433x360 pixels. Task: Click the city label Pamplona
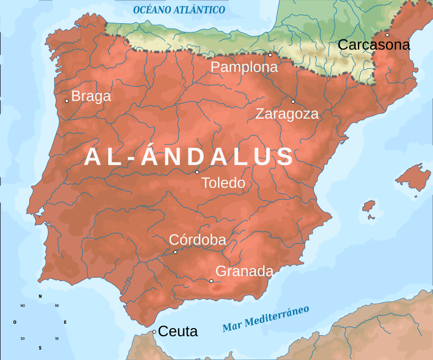coord(244,67)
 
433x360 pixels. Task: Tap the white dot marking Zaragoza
coord(293,101)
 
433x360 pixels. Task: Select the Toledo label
coord(223,183)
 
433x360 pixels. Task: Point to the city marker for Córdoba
coord(175,252)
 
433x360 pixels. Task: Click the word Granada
coord(244,271)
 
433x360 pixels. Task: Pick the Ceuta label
coord(178,331)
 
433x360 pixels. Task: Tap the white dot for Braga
coord(67,100)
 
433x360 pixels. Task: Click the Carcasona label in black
coord(373,45)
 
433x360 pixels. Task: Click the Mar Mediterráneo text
coord(266,319)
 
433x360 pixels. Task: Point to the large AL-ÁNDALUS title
coord(189,156)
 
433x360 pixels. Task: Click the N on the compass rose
coord(40,296)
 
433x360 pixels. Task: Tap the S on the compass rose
coord(40,348)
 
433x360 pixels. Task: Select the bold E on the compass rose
coord(65,322)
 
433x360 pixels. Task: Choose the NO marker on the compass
coord(23,306)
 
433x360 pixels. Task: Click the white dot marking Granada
coord(211,280)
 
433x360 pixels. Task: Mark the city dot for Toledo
coord(197,172)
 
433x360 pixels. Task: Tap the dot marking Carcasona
coord(387,35)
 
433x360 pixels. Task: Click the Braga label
coord(91,96)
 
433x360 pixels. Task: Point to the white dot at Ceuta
coord(154,332)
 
